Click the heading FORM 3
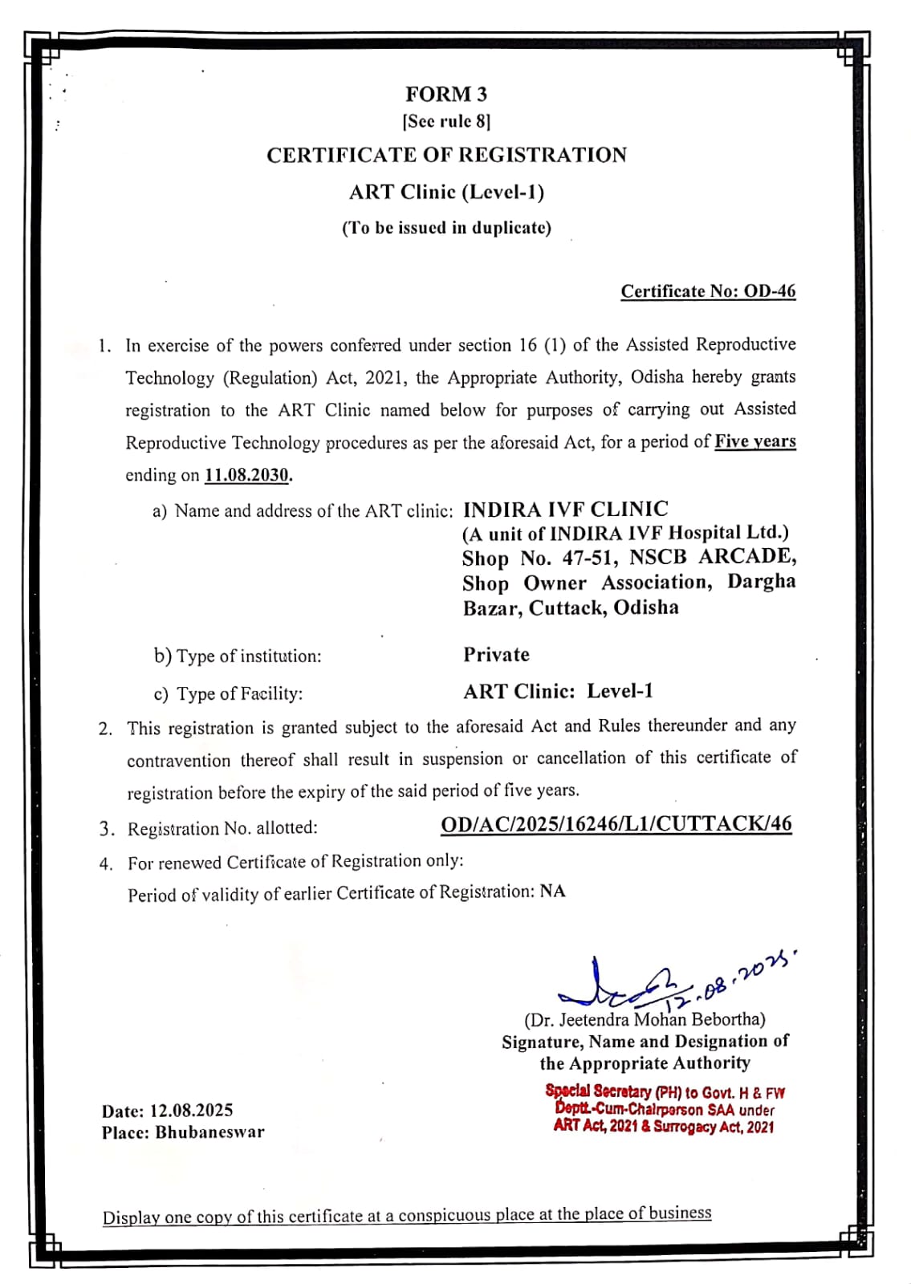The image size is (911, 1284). click(445, 95)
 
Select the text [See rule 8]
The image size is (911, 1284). click(446, 121)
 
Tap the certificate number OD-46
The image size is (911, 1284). click(769, 291)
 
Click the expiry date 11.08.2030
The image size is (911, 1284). click(246, 475)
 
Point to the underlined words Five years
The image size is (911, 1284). click(754, 441)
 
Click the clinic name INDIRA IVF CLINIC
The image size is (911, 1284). click(565, 510)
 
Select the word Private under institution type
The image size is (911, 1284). click(496, 655)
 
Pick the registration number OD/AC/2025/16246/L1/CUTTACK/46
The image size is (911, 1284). click(616, 824)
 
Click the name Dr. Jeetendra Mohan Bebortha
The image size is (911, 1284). click(645, 1020)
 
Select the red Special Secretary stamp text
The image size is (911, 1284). click(665, 1109)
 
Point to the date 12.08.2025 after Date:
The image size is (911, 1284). click(191, 1111)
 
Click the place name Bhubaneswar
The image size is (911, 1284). click(209, 1133)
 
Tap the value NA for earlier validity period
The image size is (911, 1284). click(552, 892)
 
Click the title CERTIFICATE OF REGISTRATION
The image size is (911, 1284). click(446, 155)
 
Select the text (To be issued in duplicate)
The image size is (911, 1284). click(446, 228)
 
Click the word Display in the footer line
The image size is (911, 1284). click(130, 1217)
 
